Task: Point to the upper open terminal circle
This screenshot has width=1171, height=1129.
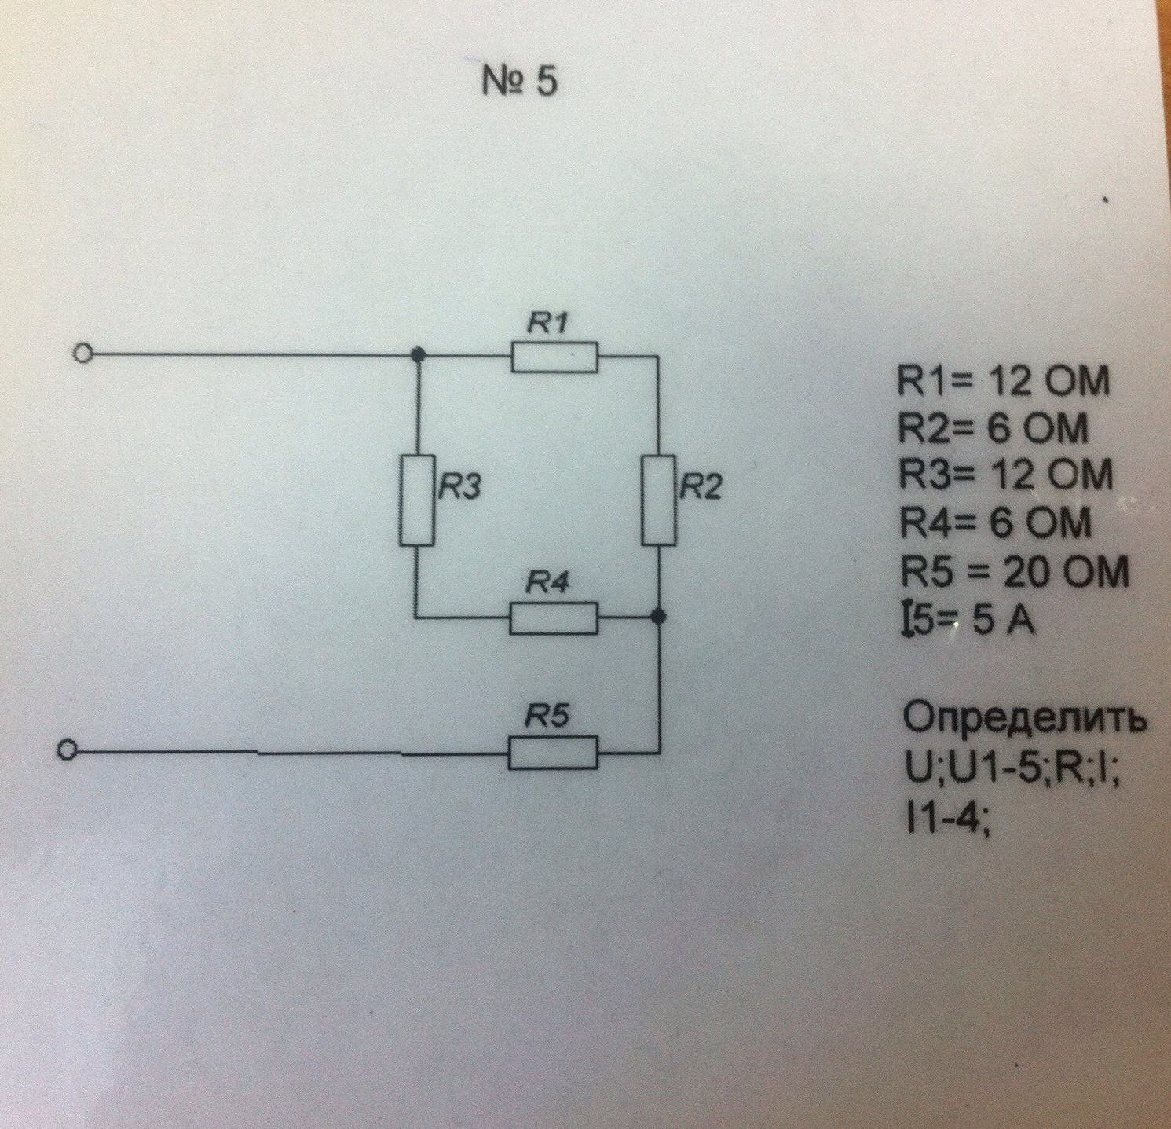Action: (x=82, y=355)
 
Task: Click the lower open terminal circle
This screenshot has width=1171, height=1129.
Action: (x=68, y=751)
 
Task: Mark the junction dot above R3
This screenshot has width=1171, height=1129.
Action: (x=418, y=355)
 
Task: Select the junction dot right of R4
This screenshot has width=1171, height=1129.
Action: (x=660, y=618)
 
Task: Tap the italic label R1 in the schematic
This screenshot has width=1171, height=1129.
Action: (x=551, y=324)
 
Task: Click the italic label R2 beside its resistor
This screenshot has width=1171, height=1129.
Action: (x=700, y=488)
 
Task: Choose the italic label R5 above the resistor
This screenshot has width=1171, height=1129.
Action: (x=548, y=717)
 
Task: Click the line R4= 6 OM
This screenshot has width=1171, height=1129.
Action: (x=995, y=524)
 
